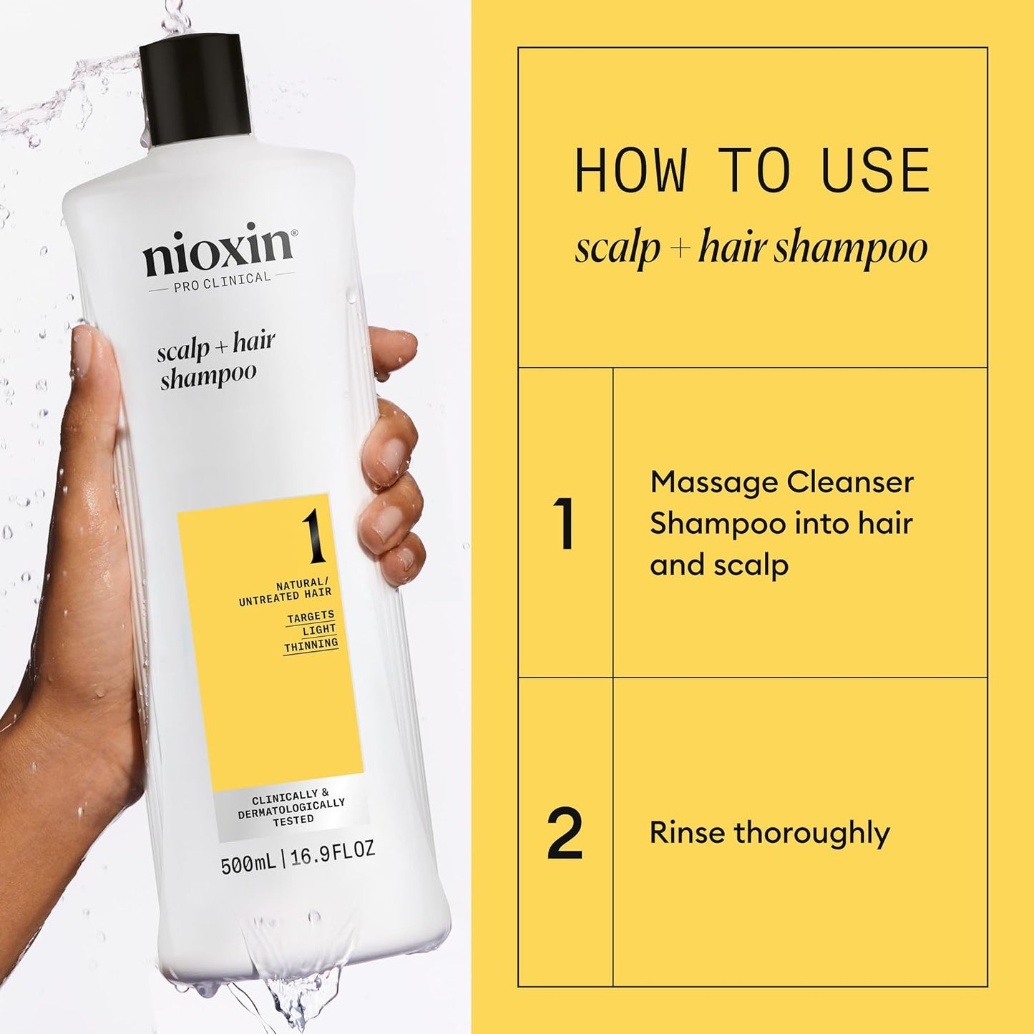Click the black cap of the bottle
pyautogui.click(x=195, y=89)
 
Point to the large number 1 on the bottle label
pyautogui.click(x=313, y=539)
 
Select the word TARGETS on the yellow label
pyautogui.click(x=311, y=617)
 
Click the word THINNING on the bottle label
pyautogui.click(x=311, y=645)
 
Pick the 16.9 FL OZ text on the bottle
pyautogui.click(x=332, y=852)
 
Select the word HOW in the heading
pyautogui.click(x=630, y=171)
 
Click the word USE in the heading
pyautogui.click(x=876, y=171)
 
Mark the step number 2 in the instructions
pyautogui.click(x=565, y=833)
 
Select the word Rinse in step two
pyautogui.click(x=686, y=833)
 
